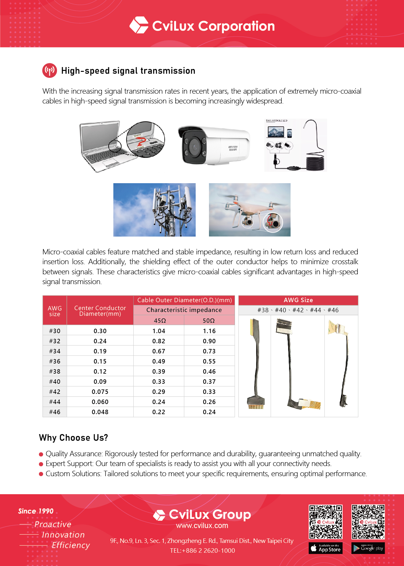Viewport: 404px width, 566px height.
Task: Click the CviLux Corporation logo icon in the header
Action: point(139,25)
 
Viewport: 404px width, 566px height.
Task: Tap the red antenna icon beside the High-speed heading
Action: point(49,71)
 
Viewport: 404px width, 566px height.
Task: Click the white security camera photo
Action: point(214,146)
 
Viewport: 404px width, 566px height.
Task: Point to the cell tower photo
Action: point(154,210)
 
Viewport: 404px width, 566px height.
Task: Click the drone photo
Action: point(249,210)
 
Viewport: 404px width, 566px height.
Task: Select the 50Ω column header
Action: point(209,320)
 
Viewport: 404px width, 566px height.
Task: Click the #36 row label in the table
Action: point(54,361)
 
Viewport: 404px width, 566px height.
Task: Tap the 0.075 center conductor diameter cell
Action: point(100,392)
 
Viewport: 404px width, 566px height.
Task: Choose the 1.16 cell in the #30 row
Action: point(209,331)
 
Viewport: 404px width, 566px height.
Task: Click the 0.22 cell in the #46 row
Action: point(159,412)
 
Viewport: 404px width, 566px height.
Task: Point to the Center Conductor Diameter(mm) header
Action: point(100,311)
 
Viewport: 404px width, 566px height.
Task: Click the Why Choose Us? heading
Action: point(73,438)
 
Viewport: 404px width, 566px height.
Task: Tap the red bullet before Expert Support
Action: point(41,464)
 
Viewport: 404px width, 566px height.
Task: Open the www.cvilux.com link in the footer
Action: point(202,526)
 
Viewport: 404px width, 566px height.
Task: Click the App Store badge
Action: point(325,548)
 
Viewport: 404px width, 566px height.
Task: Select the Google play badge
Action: point(368,548)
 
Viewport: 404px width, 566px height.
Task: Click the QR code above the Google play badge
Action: point(368,522)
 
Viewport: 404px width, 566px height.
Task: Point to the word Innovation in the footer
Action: point(63,535)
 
